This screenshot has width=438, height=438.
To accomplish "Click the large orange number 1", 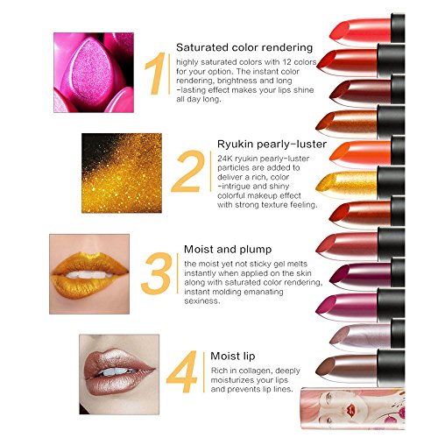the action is coord(156,74).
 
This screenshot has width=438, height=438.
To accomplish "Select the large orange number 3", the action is coord(156,273).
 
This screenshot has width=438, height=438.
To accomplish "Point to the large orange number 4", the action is coord(182,371).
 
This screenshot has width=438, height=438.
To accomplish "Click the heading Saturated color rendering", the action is coord(244,47).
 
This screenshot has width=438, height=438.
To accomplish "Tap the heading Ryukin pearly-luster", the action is coord(272,144).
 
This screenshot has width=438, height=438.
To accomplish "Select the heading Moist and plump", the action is coord(228,250).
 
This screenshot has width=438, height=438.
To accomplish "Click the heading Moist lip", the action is coord(233,356).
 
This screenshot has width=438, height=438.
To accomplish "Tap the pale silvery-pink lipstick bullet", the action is coord(361,336).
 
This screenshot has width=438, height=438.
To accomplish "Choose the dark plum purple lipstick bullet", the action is coord(361,274).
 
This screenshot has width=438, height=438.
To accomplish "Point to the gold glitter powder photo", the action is coord(122,173).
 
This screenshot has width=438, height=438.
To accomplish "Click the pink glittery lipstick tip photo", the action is coord(94,73).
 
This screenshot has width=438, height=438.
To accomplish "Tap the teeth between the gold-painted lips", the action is coord(88,274).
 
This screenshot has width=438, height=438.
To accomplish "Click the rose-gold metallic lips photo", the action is coord(119,374).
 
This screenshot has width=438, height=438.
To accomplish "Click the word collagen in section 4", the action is coord(253,371).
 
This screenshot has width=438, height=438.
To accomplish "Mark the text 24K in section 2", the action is coord(225,159).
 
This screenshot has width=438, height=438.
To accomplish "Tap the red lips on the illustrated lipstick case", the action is coord(350,410).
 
